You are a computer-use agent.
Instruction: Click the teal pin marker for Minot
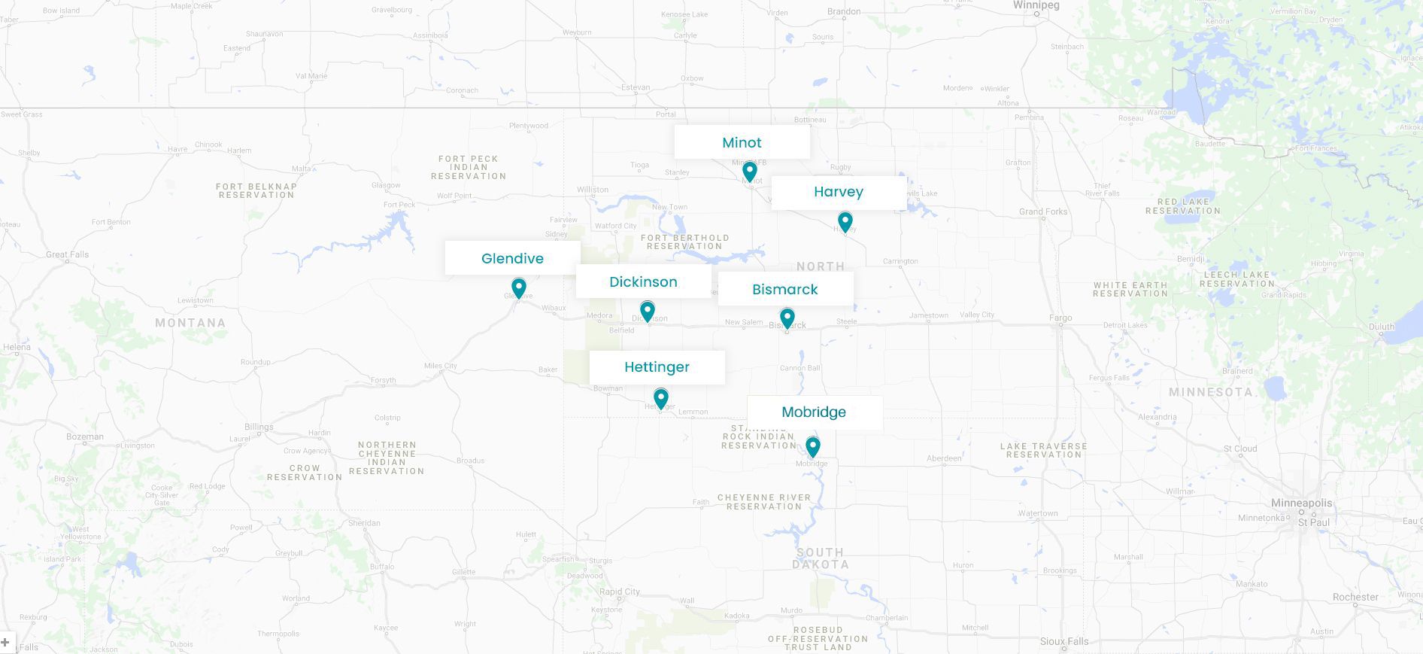coord(749,172)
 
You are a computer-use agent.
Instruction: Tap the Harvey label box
coord(839,193)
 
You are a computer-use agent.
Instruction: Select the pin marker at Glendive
coord(518,287)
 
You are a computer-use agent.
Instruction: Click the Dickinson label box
coord(643,281)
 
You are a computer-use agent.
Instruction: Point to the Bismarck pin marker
coord(787,318)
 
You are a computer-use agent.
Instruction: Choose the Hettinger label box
coord(657,367)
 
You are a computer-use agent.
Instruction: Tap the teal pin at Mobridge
coord(812,446)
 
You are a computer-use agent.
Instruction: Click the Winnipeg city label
coord(1036,5)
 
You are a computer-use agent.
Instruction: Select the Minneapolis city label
coord(1301,503)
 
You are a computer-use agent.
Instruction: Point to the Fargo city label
coord(1060,318)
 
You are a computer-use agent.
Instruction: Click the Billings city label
coord(259,427)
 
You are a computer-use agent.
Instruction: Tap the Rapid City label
coord(620,592)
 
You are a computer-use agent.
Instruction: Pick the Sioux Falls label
coord(1064,641)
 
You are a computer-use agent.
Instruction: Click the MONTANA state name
coord(190,323)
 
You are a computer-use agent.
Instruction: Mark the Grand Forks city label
coord(1043,211)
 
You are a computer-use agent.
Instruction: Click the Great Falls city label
coord(68,254)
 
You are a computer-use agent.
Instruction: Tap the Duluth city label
coord(1382,327)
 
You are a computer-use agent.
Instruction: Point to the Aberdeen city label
coord(944,458)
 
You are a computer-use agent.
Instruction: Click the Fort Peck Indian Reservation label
coord(468,167)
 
